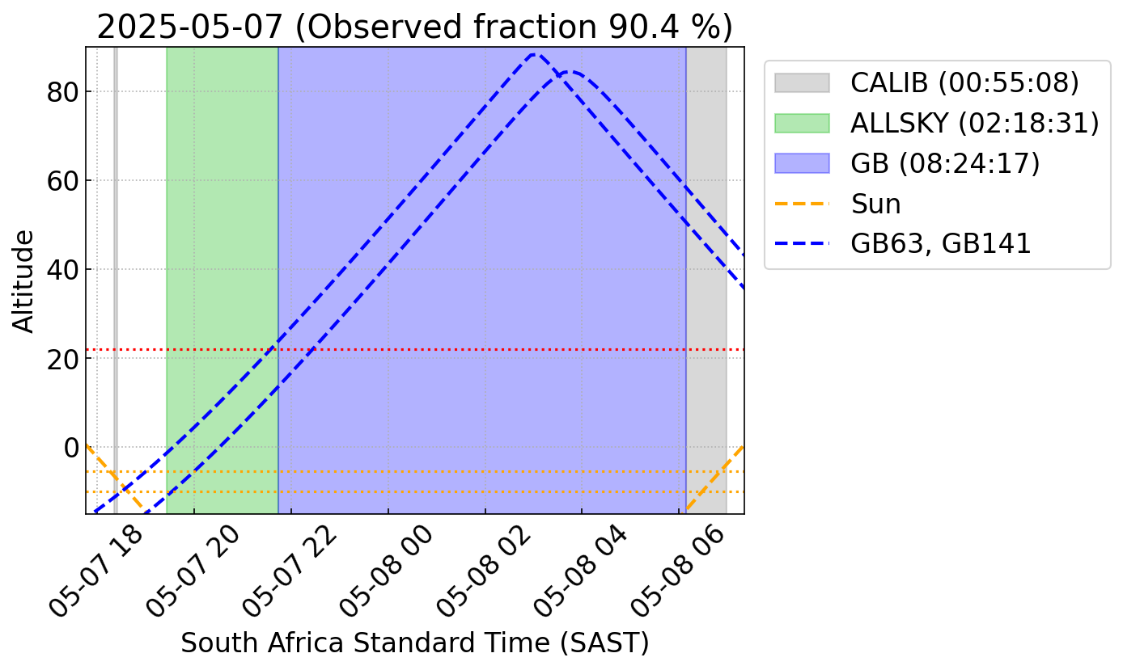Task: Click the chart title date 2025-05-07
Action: click(x=189, y=27)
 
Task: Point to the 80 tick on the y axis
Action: click(x=62, y=92)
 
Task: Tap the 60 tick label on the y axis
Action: click(x=62, y=181)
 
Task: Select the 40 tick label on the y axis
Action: click(x=62, y=270)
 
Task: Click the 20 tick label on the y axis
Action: click(x=62, y=359)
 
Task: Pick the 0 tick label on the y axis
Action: click(x=71, y=448)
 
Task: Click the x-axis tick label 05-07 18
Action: click(x=96, y=572)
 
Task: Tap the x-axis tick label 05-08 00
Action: click(x=387, y=572)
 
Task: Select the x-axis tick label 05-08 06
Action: click(x=677, y=572)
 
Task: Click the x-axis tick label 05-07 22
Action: click(x=290, y=572)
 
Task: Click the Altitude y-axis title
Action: click(x=23, y=281)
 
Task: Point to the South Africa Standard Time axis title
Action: click(x=415, y=643)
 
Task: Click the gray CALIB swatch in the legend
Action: click(x=802, y=82)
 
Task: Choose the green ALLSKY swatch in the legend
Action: click(x=802, y=123)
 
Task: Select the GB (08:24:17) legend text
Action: click(x=945, y=163)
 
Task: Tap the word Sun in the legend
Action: click(x=876, y=204)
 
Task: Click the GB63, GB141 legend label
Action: click(x=940, y=244)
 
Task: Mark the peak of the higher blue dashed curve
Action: click(x=535, y=54)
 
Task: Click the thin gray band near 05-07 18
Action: click(x=116, y=280)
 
